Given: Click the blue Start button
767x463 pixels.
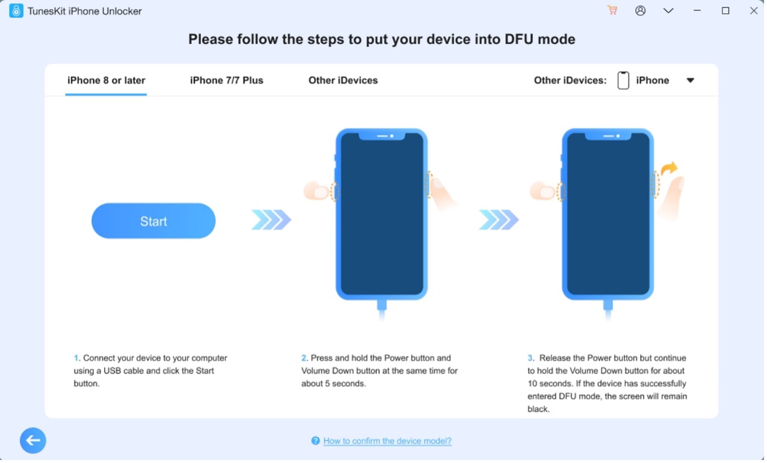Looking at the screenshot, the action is pos(154,221).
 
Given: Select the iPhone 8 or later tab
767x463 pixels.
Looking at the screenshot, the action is pos(106,81).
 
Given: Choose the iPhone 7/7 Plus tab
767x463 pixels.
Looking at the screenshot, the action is pos(227,81).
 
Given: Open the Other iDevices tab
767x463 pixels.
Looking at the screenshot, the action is pos(343,81).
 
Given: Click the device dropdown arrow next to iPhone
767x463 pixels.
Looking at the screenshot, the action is pos(691,81).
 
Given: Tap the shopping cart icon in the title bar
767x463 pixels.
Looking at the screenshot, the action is pos(612,10).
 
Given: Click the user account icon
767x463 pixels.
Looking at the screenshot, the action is pos(641,11).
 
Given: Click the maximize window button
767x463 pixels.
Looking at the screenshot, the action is pos(725,11).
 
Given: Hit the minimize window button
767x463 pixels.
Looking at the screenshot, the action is pos(697,11).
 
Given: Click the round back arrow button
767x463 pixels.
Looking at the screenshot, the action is pos(33,440).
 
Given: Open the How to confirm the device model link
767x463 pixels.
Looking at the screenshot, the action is pos(387,441).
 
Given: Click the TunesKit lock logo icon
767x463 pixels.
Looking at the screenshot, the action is pos(16,11).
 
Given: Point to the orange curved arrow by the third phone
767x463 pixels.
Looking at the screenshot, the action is pos(669,168).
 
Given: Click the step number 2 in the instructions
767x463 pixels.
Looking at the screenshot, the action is pos(303,358).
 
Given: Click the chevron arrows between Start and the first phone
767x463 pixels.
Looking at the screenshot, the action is pos(271,219).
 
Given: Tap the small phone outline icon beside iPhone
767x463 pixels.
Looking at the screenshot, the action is pos(623,81).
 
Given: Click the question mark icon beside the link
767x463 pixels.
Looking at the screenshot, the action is pos(315,441).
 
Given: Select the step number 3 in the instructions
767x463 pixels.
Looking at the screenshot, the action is pos(530,358).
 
